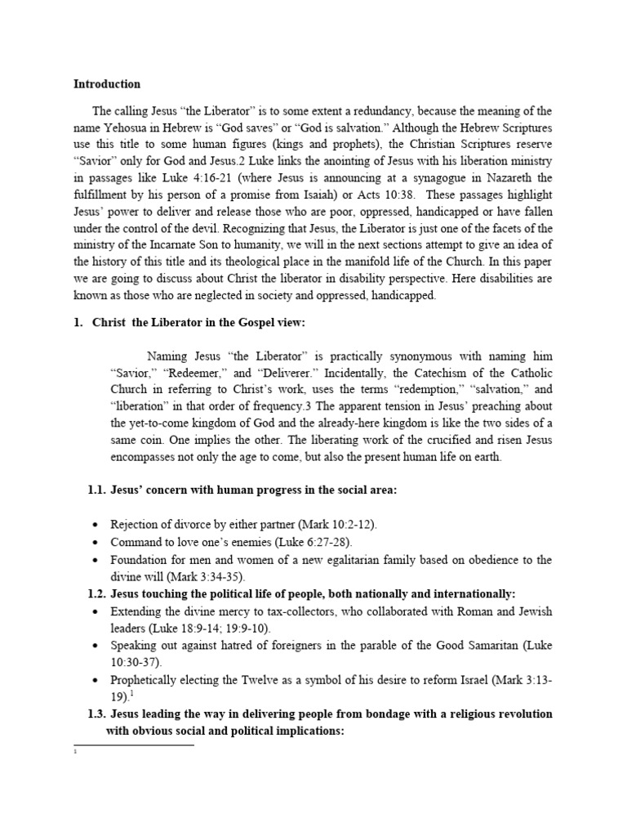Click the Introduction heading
pos(107,83)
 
